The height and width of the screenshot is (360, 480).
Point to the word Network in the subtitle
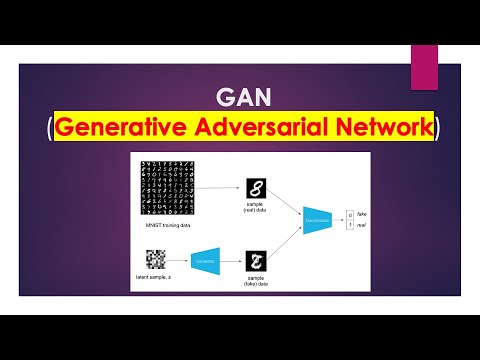382,128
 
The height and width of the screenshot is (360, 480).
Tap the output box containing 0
350,210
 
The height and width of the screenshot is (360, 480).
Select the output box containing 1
350,221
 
